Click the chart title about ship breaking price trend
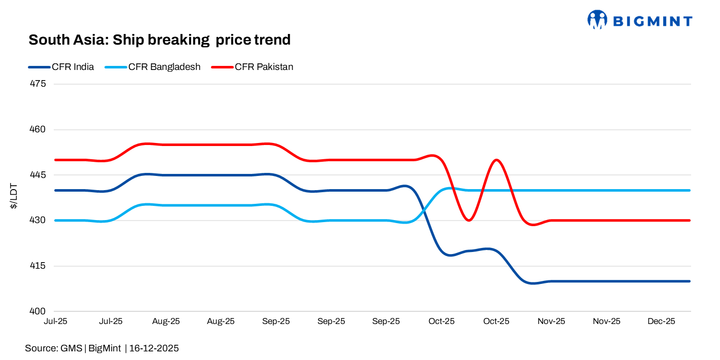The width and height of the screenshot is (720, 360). click(x=159, y=40)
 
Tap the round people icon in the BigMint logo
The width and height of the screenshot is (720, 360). click(x=597, y=20)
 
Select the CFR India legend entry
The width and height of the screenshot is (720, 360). click(x=61, y=67)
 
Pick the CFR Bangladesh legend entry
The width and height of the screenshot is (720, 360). click(x=153, y=67)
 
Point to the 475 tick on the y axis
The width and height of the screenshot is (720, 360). click(x=39, y=84)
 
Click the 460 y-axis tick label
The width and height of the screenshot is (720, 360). click(x=39, y=129)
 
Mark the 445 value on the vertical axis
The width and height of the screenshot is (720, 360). click(x=39, y=175)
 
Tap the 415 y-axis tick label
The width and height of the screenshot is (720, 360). click(x=39, y=266)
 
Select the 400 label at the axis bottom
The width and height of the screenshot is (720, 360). click(x=39, y=311)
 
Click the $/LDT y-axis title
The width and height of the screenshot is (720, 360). click(x=15, y=198)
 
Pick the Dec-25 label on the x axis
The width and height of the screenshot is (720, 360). click(x=662, y=321)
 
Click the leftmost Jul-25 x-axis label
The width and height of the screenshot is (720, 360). click(x=56, y=321)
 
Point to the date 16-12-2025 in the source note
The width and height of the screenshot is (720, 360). click(x=154, y=348)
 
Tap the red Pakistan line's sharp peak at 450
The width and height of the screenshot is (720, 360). click(x=496, y=160)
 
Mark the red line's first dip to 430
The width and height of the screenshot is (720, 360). click(x=469, y=220)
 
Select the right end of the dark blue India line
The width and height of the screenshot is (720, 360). click(x=689, y=281)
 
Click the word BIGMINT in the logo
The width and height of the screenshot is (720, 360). click(x=652, y=21)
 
